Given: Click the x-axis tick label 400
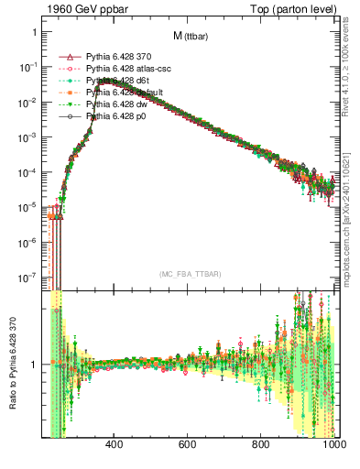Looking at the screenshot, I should pyautogui.click(x=115, y=445).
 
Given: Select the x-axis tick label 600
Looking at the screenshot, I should pyautogui.click(x=188, y=445).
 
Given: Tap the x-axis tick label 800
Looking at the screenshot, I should pyautogui.click(x=261, y=445).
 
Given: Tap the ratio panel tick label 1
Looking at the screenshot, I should pyautogui.click(x=33, y=365).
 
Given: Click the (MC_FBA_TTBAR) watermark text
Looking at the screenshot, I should pyautogui.click(x=190, y=275).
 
